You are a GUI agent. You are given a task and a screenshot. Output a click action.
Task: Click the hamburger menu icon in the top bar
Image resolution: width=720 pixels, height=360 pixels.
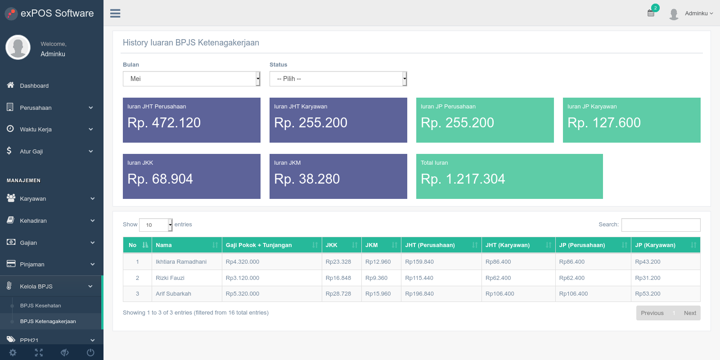[115, 13]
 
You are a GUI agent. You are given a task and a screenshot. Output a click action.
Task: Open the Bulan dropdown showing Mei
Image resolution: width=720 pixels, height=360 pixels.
[191, 79]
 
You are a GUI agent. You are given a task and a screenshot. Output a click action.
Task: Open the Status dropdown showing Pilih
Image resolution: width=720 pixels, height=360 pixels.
[338, 79]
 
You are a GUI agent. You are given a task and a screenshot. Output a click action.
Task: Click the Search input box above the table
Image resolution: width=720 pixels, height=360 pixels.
[661, 225]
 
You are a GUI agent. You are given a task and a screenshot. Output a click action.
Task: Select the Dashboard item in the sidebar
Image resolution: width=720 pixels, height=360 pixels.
[34, 86]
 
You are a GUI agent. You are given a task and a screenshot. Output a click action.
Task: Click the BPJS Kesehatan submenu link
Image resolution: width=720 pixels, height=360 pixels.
[40, 306]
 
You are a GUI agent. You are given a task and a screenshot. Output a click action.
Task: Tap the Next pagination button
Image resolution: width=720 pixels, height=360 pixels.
[690, 313]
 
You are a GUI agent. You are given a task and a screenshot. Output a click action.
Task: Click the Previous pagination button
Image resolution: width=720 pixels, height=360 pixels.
[652, 313]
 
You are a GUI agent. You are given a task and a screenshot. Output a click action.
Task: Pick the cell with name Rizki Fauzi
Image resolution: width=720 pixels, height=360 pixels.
[170, 278]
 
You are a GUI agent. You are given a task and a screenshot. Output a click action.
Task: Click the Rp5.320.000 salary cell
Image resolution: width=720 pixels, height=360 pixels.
[243, 293]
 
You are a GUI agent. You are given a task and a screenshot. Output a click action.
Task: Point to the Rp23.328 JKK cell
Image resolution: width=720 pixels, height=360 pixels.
[338, 261]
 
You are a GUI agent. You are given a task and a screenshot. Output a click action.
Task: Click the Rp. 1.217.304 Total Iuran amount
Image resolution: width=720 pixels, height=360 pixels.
[463, 179]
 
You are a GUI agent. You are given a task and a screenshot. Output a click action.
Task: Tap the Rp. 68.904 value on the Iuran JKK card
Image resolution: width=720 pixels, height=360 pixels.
[160, 179]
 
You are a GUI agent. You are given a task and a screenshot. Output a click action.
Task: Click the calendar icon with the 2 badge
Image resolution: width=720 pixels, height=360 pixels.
[651, 13]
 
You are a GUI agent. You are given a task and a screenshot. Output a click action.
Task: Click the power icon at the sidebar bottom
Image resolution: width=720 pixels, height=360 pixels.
[90, 353]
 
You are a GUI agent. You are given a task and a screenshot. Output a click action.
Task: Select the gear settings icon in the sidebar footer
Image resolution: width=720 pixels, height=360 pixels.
[13, 353]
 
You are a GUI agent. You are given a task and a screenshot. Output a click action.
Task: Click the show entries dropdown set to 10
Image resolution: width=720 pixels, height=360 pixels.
[156, 225]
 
